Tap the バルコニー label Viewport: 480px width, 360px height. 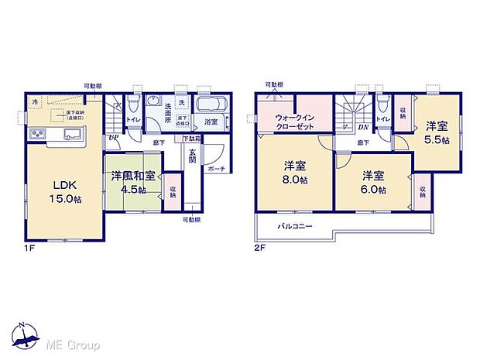coord(296,226)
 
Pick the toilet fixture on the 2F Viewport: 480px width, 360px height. coord(382,104)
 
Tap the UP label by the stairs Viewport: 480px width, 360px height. coord(114,138)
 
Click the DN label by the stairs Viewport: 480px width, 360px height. coord(362,128)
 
